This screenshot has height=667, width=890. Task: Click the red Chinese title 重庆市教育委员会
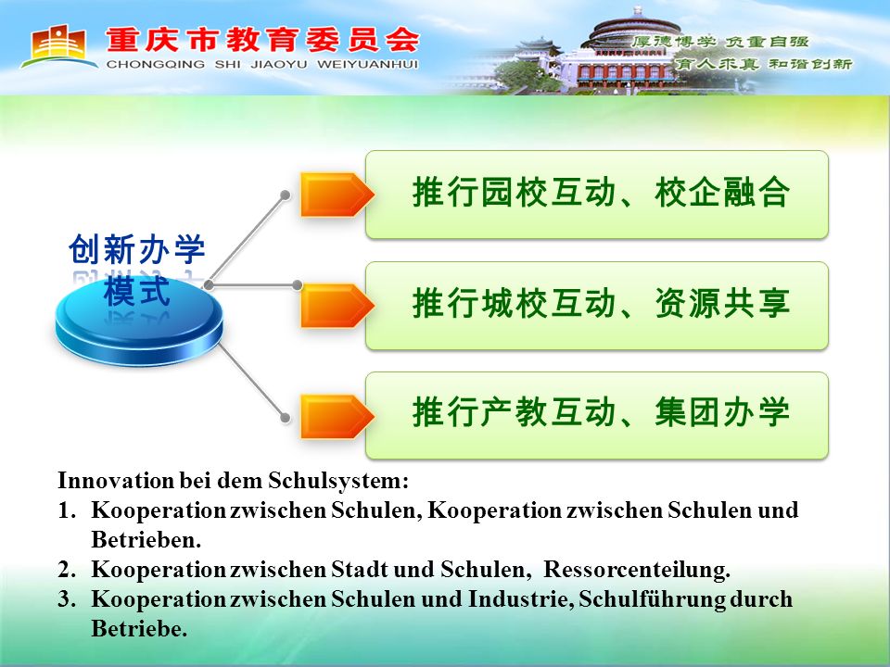point(262,40)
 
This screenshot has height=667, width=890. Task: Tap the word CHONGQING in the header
point(156,65)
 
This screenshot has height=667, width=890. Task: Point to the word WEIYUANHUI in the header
point(367,65)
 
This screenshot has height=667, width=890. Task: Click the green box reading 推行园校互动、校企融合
point(597,195)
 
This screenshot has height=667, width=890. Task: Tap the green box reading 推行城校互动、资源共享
point(597,306)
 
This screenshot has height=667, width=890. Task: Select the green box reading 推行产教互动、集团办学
point(597,416)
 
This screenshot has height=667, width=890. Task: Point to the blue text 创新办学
point(137,249)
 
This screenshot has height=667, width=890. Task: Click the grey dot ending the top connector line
point(286,195)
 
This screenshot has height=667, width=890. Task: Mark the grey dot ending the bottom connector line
point(286,418)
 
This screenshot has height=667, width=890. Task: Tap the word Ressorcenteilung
point(637,570)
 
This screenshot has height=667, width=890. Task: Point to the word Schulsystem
point(337,481)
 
